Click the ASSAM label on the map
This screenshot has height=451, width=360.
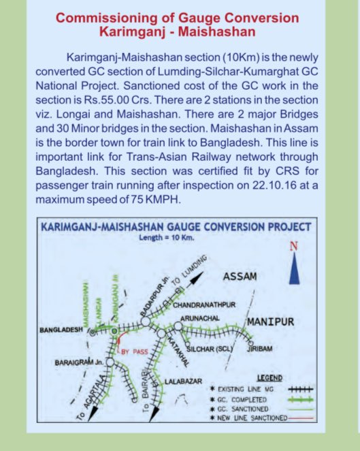240,277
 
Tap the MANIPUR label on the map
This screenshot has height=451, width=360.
269,321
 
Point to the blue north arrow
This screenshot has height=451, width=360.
295,269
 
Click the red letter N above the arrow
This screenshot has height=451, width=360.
295,247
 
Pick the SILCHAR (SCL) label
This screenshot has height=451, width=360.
210,348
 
